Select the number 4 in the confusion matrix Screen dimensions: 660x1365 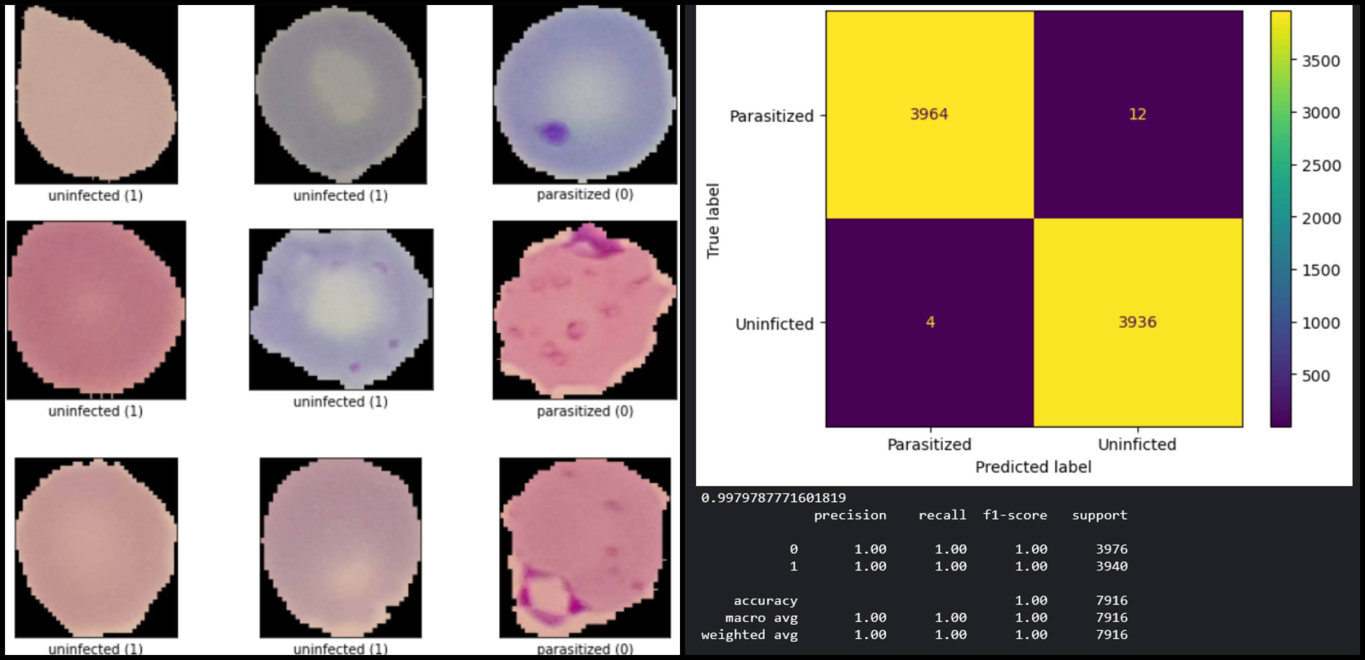(930, 322)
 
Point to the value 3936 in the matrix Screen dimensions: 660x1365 (1137, 322)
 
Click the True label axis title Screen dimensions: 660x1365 (713, 221)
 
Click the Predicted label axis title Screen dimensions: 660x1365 (1033, 466)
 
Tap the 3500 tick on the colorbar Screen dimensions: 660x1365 (1321, 61)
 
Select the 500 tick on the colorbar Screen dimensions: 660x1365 (1316, 375)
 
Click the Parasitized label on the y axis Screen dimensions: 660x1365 (771, 116)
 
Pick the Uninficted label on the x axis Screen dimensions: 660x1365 (1137, 444)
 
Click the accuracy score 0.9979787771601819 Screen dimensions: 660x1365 (773, 497)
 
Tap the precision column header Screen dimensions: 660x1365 (849, 515)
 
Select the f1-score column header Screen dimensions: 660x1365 (1015, 515)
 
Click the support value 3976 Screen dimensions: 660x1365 (1111, 549)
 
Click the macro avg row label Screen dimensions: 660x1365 (761, 618)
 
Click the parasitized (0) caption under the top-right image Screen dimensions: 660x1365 (585, 194)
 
